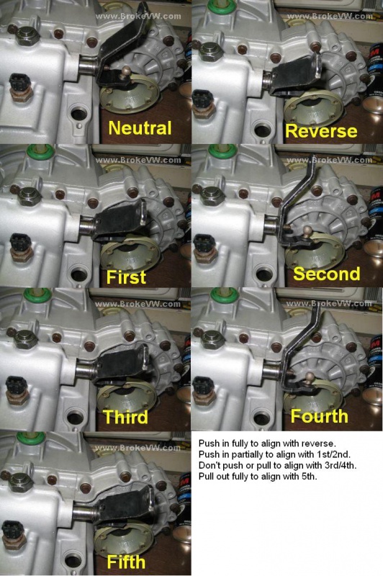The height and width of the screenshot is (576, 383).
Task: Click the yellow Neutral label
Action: [140, 128]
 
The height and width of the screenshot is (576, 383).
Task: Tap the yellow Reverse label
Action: [321, 131]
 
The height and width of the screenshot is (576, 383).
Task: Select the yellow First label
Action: [126, 276]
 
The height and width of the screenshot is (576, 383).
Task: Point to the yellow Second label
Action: [326, 274]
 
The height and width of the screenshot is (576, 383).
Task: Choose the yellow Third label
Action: [125, 417]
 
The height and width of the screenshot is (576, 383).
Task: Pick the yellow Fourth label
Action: [319, 416]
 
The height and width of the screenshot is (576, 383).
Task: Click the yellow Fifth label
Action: [126, 562]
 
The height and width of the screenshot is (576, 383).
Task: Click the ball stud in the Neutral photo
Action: [127, 69]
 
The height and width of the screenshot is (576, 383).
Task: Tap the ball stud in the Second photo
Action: [307, 230]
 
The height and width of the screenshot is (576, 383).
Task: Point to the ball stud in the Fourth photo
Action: [310, 376]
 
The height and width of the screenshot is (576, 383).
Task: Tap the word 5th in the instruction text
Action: [308, 477]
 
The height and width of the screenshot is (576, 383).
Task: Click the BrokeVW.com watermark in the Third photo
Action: [138, 305]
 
